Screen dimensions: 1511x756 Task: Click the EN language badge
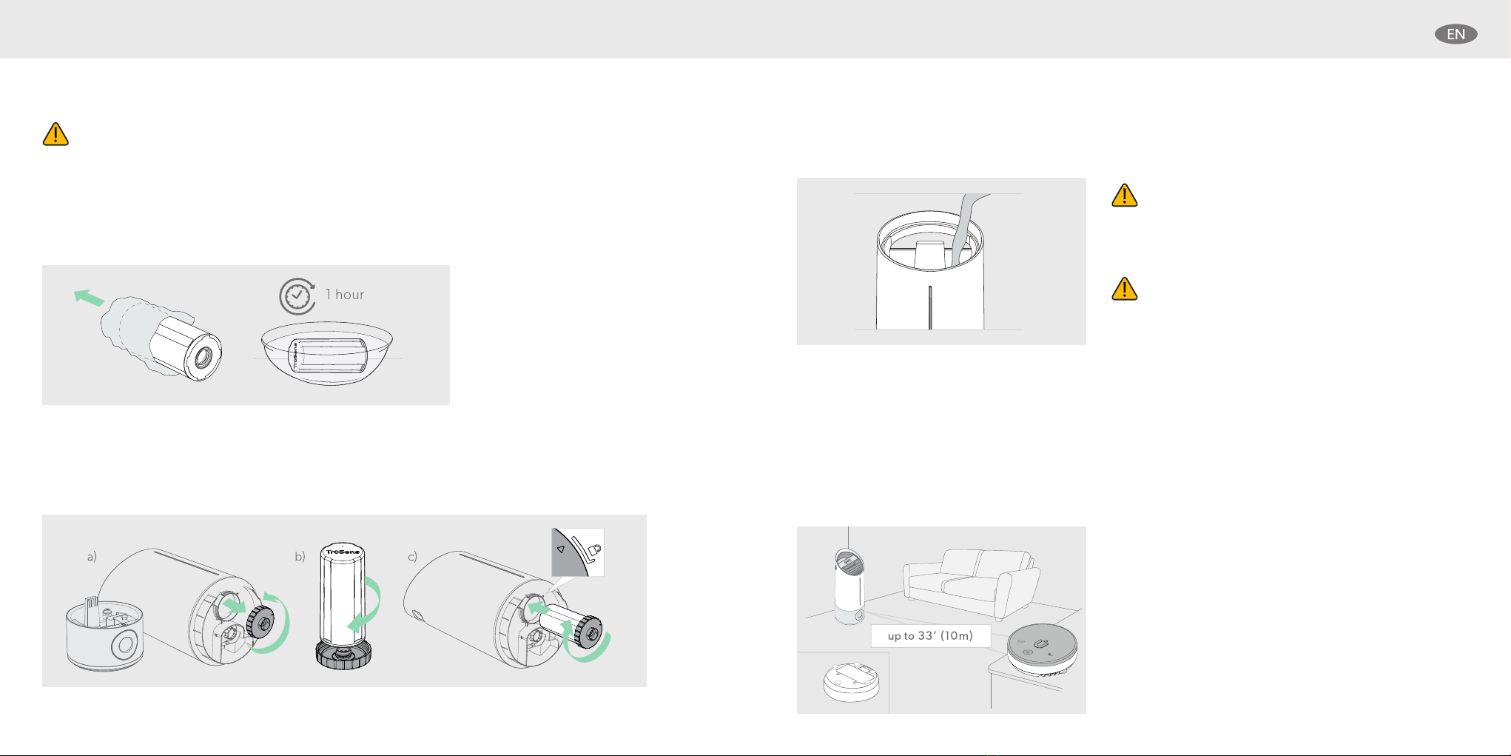pos(1456,34)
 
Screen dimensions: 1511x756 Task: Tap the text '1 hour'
pos(345,295)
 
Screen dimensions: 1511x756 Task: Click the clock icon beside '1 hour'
pos(297,296)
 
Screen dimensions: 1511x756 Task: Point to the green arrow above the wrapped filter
pos(90,298)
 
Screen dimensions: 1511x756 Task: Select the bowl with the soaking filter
pos(327,353)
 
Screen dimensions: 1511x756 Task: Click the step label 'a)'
pos(92,557)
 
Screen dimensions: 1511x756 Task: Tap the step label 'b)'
pos(300,557)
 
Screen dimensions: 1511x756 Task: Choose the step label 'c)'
pos(412,557)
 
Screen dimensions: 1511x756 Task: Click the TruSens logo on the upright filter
pos(343,552)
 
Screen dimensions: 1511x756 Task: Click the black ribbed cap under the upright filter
pos(343,655)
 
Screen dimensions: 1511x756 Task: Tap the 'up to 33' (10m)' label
pos(930,636)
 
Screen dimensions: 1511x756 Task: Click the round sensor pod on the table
pos(1042,650)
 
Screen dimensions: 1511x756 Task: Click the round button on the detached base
pos(123,646)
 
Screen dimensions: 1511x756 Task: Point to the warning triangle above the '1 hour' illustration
pos(55,134)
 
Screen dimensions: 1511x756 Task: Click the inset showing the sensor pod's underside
pos(843,682)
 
